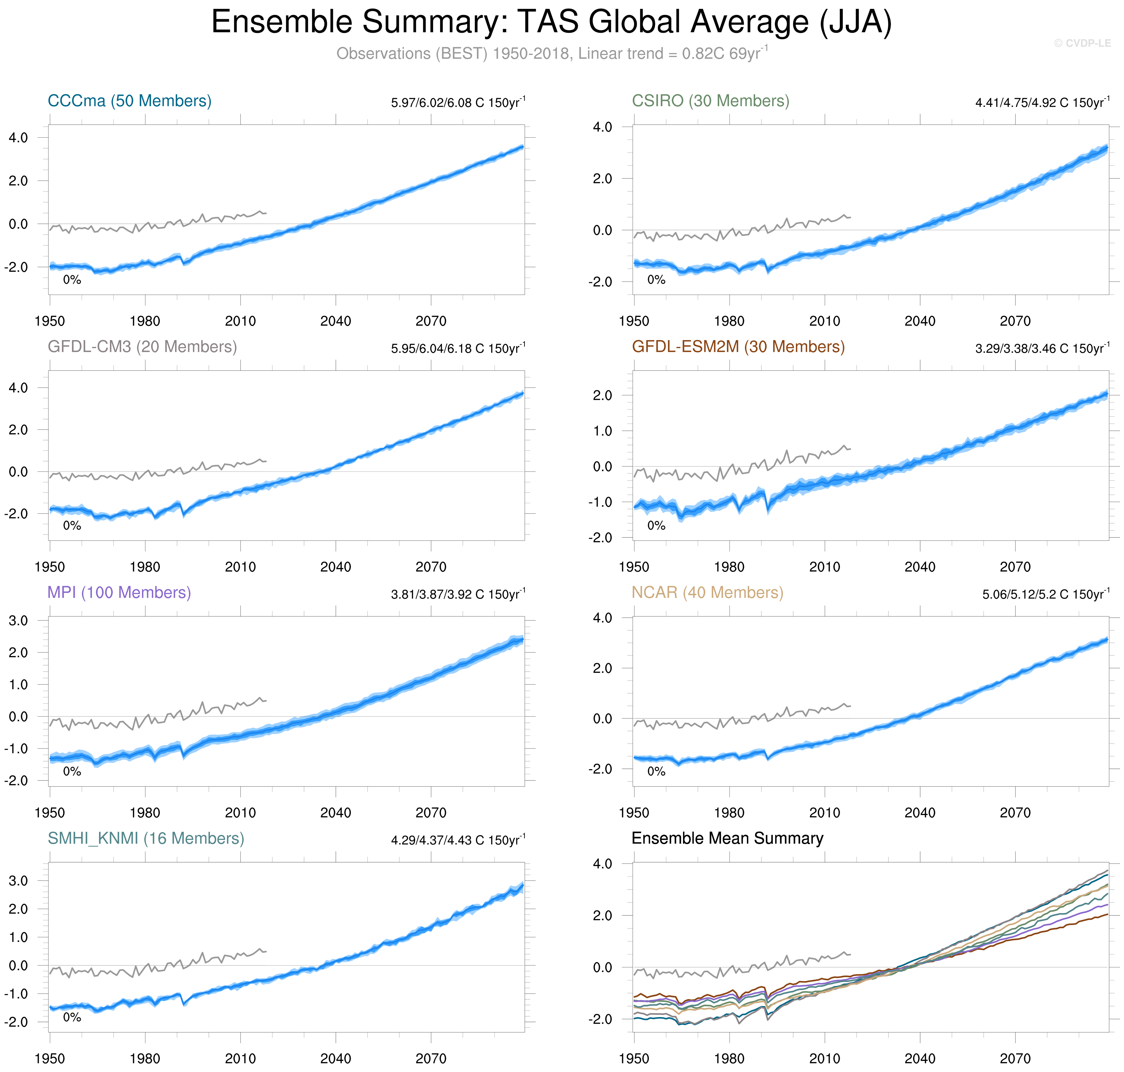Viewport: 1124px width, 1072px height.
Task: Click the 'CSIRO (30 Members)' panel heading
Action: point(710,101)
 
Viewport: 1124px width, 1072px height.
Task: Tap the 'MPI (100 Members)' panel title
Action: point(119,592)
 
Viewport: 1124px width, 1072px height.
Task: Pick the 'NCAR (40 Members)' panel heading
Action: point(707,592)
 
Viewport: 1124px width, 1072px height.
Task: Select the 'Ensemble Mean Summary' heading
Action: point(727,838)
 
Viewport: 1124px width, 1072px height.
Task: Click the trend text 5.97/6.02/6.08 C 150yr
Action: point(457,103)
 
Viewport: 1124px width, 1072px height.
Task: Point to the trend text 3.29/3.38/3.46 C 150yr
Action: point(1042,349)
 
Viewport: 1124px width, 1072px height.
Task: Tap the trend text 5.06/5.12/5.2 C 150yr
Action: point(1045,594)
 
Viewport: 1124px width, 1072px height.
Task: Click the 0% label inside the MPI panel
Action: point(72,771)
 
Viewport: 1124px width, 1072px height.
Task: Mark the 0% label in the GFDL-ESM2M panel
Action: point(656,526)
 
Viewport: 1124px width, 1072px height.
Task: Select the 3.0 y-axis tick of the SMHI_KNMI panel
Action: point(18,881)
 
